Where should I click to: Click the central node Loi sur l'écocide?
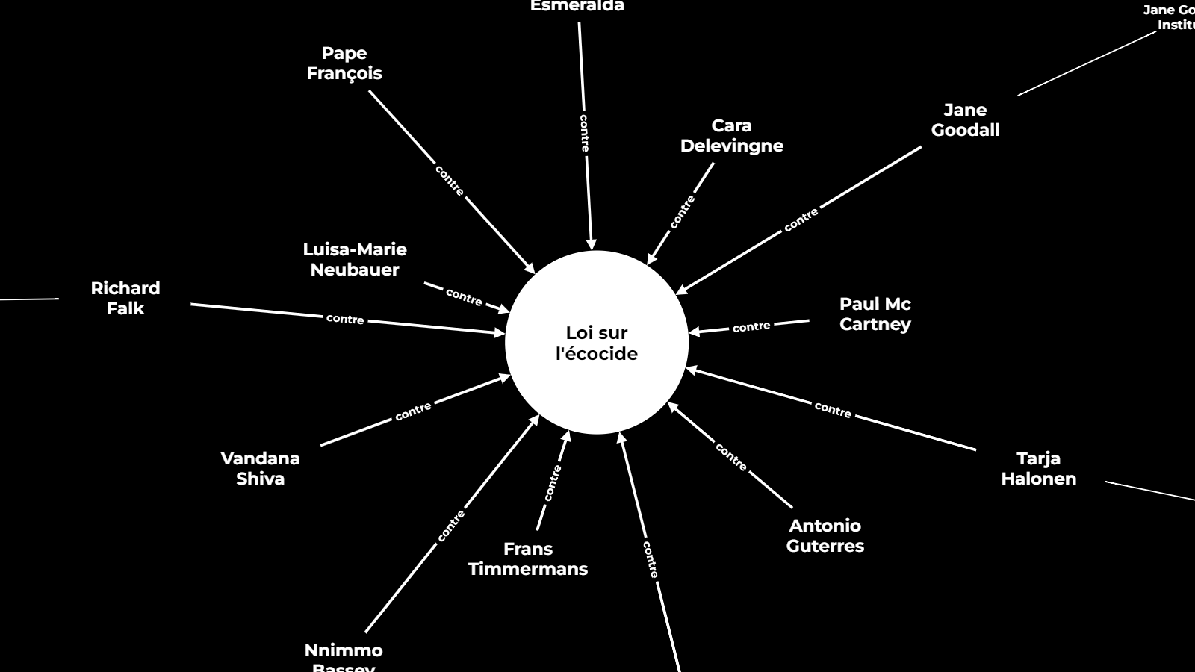[x=596, y=343]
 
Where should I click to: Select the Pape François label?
[x=344, y=63]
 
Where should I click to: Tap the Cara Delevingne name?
[x=731, y=136]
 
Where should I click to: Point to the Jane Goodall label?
[x=965, y=120]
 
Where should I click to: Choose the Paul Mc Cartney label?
[x=875, y=314]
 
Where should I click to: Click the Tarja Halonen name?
[x=1038, y=469]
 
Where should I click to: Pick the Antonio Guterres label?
[x=825, y=536]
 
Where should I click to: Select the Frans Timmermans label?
[x=528, y=559]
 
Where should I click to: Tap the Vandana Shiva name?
[x=260, y=469]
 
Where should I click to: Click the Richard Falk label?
[x=125, y=299]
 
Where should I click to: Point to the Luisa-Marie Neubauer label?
[x=355, y=260]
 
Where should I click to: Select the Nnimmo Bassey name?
[x=344, y=657]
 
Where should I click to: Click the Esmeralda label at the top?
[x=577, y=7]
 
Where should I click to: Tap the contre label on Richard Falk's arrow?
[x=345, y=319]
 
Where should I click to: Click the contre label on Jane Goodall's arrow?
[x=801, y=220]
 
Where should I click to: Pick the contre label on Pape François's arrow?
[x=450, y=181]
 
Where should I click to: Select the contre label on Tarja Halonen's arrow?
[x=833, y=409]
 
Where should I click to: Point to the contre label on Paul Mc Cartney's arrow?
[x=751, y=327]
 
